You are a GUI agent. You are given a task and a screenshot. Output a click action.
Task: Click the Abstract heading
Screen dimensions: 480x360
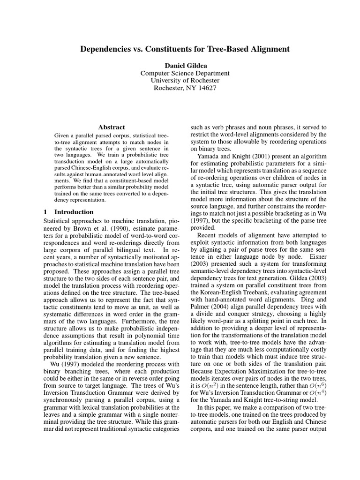[x=112, y=127]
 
